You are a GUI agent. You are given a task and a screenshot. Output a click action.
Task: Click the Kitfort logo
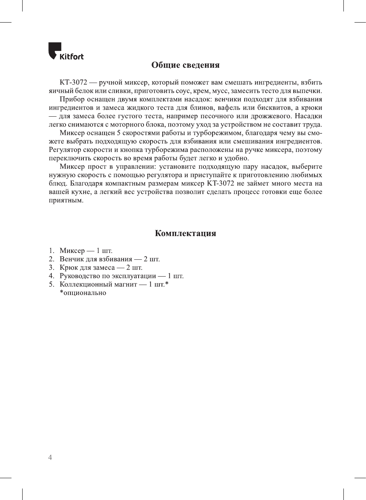pyautogui.click(x=65, y=51)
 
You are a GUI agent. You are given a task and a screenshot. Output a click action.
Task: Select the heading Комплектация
pyautogui.click(x=185, y=233)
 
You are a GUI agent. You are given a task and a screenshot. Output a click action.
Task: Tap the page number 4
pyautogui.click(x=50, y=457)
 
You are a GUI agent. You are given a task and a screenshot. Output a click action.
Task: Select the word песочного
pyautogui.click(x=217, y=116)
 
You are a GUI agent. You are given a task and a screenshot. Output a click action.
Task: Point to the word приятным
pyautogui.click(x=66, y=200)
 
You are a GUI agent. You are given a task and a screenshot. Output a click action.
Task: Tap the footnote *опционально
pyautogui.click(x=83, y=293)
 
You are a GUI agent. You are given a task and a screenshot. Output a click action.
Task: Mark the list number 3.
pyautogui.click(x=51, y=268)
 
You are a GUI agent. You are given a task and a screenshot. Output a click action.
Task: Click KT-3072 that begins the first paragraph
pyautogui.click(x=74, y=83)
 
